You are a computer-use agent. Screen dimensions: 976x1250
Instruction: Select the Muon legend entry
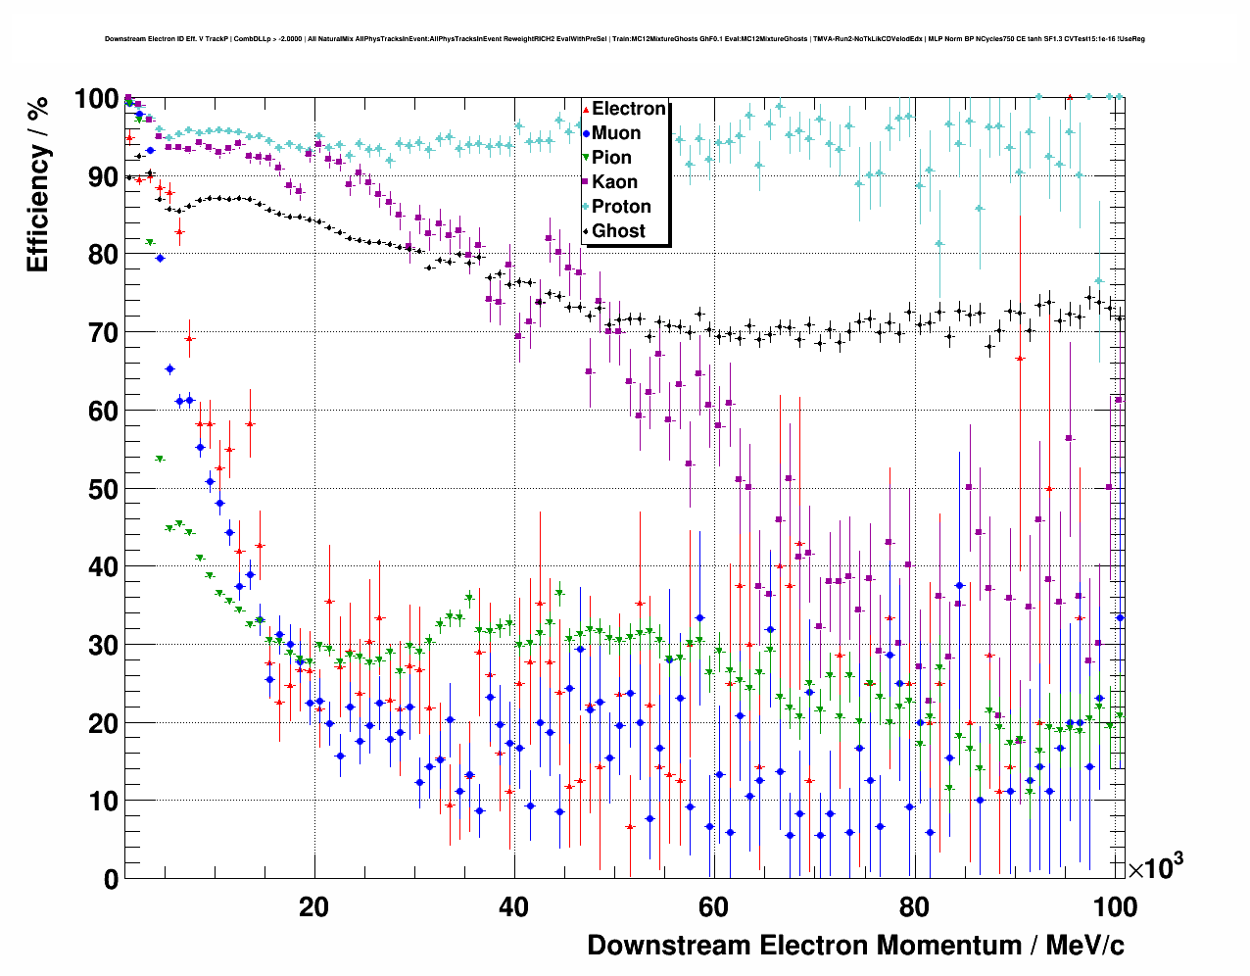click(616, 133)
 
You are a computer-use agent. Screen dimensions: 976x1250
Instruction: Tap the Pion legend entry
click(611, 158)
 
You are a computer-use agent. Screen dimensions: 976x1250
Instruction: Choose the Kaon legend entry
click(614, 182)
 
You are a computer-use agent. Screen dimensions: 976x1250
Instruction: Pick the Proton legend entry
click(621, 207)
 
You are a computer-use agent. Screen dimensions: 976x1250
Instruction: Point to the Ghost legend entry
click(618, 231)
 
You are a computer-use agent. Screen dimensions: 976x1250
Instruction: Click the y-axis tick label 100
click(96, 99)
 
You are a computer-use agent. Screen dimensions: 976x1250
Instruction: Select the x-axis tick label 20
click(313, 907)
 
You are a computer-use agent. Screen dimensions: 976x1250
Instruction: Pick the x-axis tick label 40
click(513, 907)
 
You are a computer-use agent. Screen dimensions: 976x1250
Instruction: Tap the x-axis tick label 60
click(713, 907)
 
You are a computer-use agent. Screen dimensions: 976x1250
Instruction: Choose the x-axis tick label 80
click(913, 907)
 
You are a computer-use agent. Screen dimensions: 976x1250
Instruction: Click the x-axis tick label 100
click(1115, 907)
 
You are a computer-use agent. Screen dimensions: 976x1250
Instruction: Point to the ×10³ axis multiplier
click(1155, 867)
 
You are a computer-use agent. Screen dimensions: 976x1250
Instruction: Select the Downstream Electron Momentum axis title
click(855, 946)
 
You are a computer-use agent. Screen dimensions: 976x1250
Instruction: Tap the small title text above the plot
click(624, 39)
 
